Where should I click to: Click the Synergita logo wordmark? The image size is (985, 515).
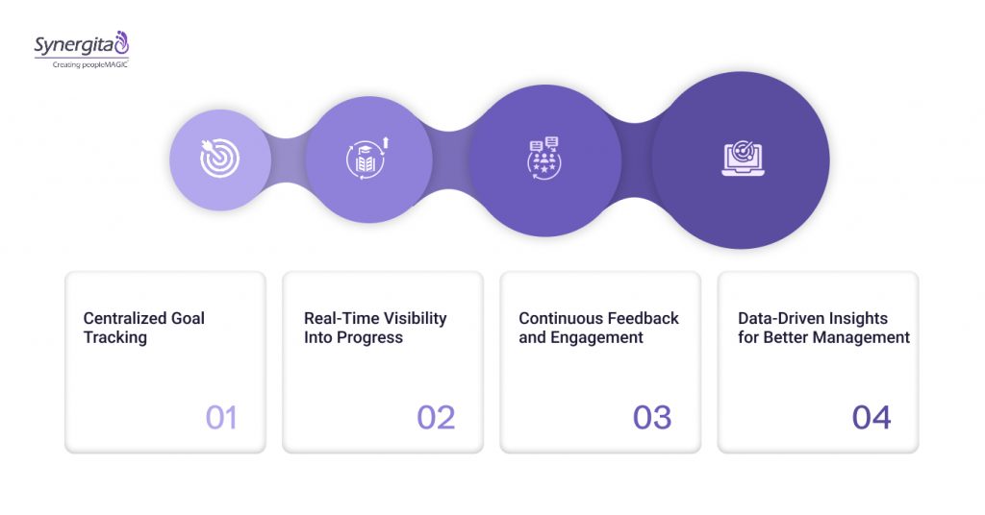(76, 45)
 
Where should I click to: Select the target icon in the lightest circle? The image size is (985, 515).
(219, 159)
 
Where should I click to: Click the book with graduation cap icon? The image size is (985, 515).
(368, 159)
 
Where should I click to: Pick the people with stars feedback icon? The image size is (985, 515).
(545, 159)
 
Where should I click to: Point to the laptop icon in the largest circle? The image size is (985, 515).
(741, 159)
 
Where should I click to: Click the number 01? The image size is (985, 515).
(220, 417)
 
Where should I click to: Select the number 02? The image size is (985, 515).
(436, 417)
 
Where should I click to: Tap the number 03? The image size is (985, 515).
(652, 417)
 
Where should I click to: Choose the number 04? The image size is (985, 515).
(871, 417)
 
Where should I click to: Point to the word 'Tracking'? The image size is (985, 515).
(114, 337)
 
